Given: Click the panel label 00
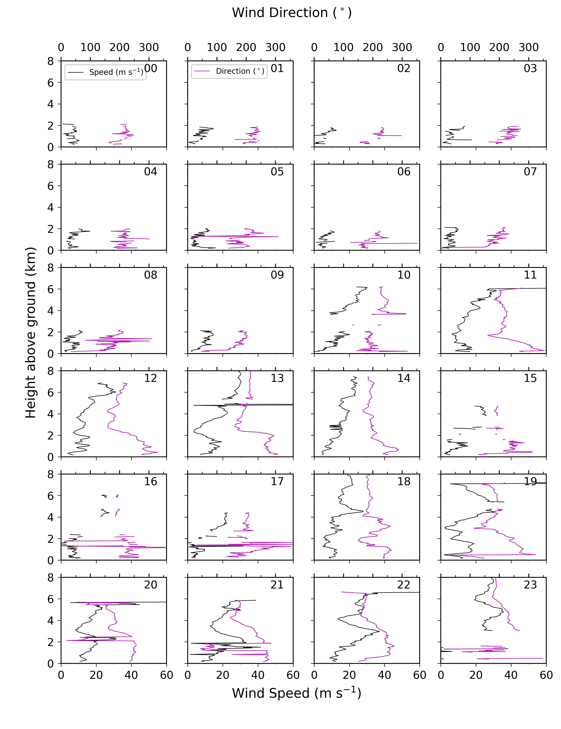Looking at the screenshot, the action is [151, 68].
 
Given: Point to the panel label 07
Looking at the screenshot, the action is [530, 172].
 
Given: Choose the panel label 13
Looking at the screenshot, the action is [277, 378].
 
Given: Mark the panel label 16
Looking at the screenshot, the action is [151, 481].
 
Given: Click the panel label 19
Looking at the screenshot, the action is [530, 481].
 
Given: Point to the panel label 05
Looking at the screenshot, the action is [277, 172].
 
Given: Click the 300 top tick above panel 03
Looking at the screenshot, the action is [529, 47].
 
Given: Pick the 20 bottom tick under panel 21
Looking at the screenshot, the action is [223, 675].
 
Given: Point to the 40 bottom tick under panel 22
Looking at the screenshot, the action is [384, 675].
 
